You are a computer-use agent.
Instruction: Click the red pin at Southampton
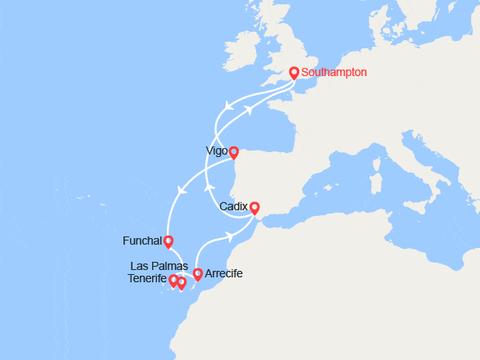tap(294, 71)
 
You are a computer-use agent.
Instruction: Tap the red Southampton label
tap(334, 72)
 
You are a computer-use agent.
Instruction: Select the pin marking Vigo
tap(233, 151)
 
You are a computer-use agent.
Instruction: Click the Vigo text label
tap(216, 151)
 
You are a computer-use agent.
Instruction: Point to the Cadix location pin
tap(254, 208)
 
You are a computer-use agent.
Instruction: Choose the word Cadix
tap(235, 207)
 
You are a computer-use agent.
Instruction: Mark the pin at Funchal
tap(168, 241)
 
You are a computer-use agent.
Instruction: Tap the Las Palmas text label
tap(159, 267)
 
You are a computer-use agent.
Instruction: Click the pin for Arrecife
tap(197, 274)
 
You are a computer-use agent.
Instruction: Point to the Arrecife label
tap(224, 273)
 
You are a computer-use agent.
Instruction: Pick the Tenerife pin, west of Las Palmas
tap(173, 281)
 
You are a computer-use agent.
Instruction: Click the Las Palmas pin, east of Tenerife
tap(182, 283)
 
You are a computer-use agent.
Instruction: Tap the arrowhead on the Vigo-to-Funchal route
tap(181, 191)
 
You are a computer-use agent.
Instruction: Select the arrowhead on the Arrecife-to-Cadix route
tap(231, 236)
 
